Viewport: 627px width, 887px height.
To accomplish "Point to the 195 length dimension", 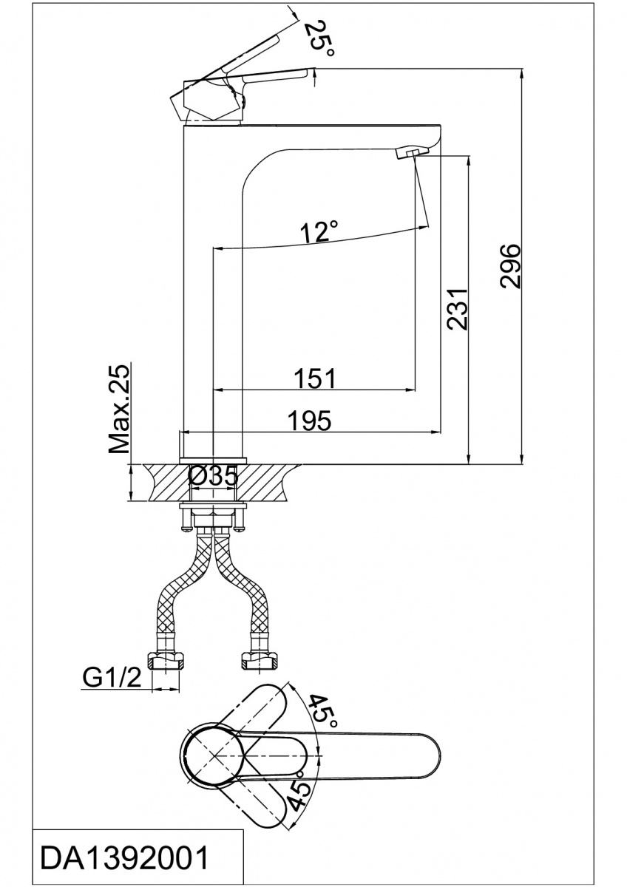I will pyautogui.click(x=310, y=420).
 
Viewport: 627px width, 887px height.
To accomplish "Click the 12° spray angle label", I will pyautogui.click(x=319, y=231).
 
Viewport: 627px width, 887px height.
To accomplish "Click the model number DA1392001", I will pyautogui.click(x=125, y=859).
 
